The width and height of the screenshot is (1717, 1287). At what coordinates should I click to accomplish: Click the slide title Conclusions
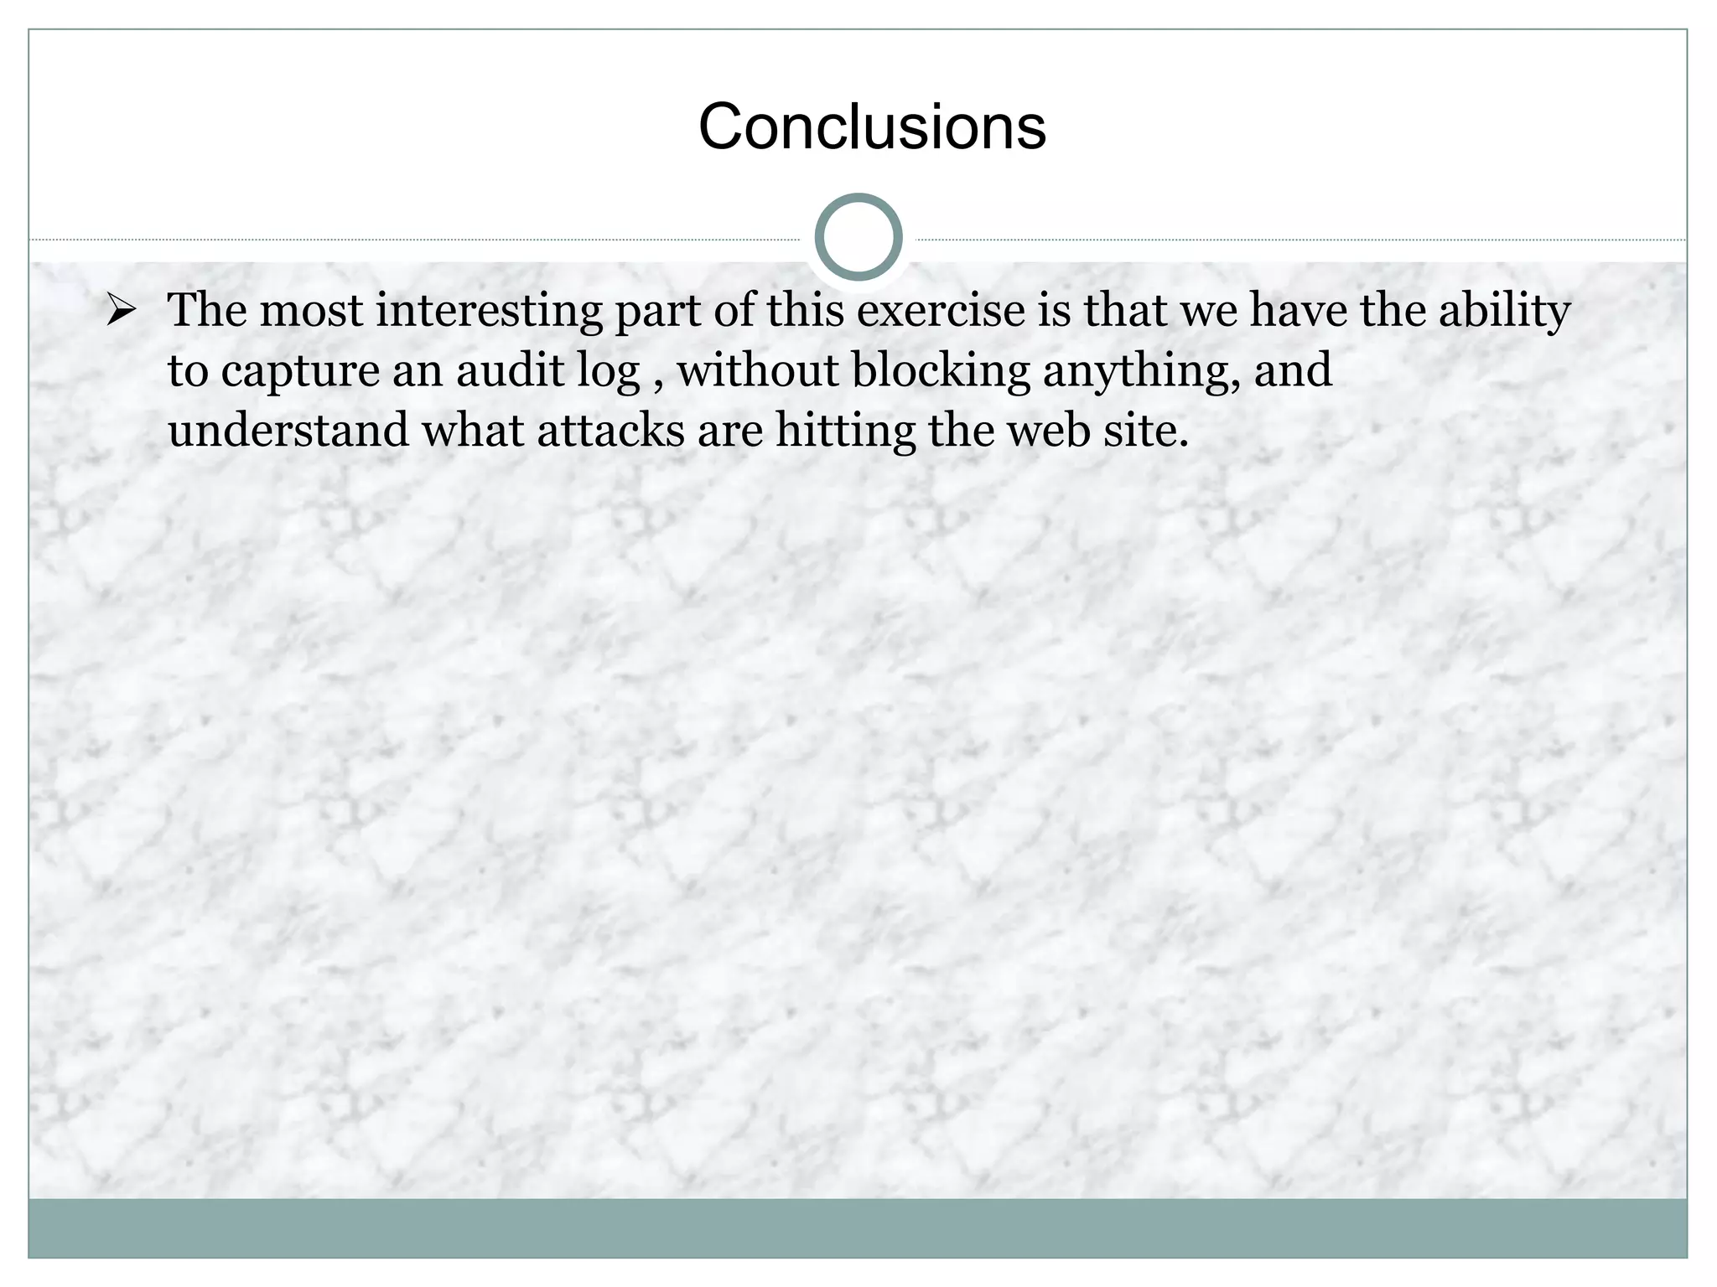[872, 127]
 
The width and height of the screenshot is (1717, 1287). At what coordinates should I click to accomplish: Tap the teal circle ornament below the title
[858, 237]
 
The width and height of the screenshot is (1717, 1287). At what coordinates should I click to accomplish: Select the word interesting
[489, 311]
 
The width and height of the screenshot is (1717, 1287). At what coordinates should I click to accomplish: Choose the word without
[758, 371]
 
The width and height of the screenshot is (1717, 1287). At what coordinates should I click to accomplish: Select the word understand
[288, 431]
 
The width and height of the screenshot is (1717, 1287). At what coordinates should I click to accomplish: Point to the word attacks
[610, 431]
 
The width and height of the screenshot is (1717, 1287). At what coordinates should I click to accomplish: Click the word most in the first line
[311, 311]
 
